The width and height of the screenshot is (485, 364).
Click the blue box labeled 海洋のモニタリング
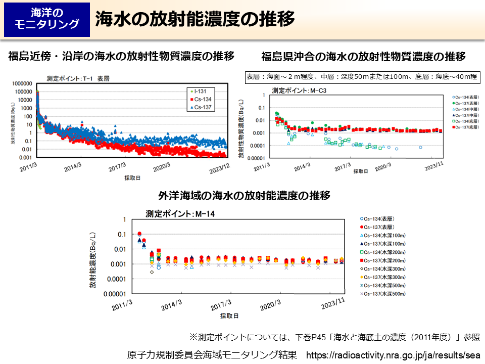point(47,19)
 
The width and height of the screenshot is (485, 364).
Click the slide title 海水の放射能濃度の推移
point(195,19)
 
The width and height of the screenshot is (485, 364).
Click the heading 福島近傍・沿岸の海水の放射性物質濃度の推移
point(121,56)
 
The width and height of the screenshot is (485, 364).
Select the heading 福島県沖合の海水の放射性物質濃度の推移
point(363,56)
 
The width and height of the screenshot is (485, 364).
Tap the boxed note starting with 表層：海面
point(361,77)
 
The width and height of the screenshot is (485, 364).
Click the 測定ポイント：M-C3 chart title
point(297,90)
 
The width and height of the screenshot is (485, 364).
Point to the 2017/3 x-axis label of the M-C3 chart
point(342,165)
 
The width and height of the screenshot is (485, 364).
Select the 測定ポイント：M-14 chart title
point(180,213)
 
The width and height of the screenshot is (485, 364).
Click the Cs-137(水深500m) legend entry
point(385,294)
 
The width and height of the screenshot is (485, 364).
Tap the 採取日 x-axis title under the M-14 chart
point(229,316)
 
